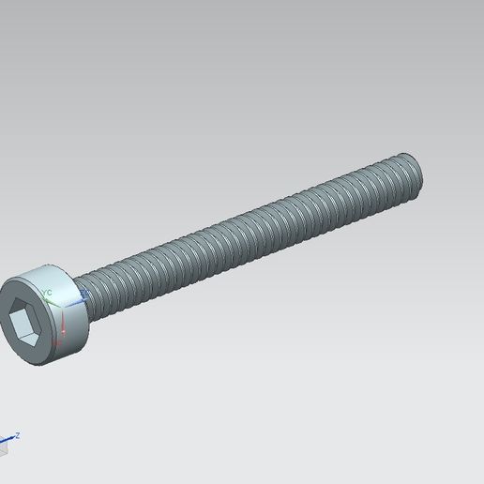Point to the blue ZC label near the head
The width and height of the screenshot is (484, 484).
pyautogui.click(x=84, y=293)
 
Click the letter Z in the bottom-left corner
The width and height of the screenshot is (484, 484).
pyautogui.click(x=17, y=434)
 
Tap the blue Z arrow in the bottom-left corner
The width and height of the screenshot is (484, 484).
pyautogui.click(x=9, y=438)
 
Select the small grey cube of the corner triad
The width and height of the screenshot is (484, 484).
pyautogui.click(x=3, y=447)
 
